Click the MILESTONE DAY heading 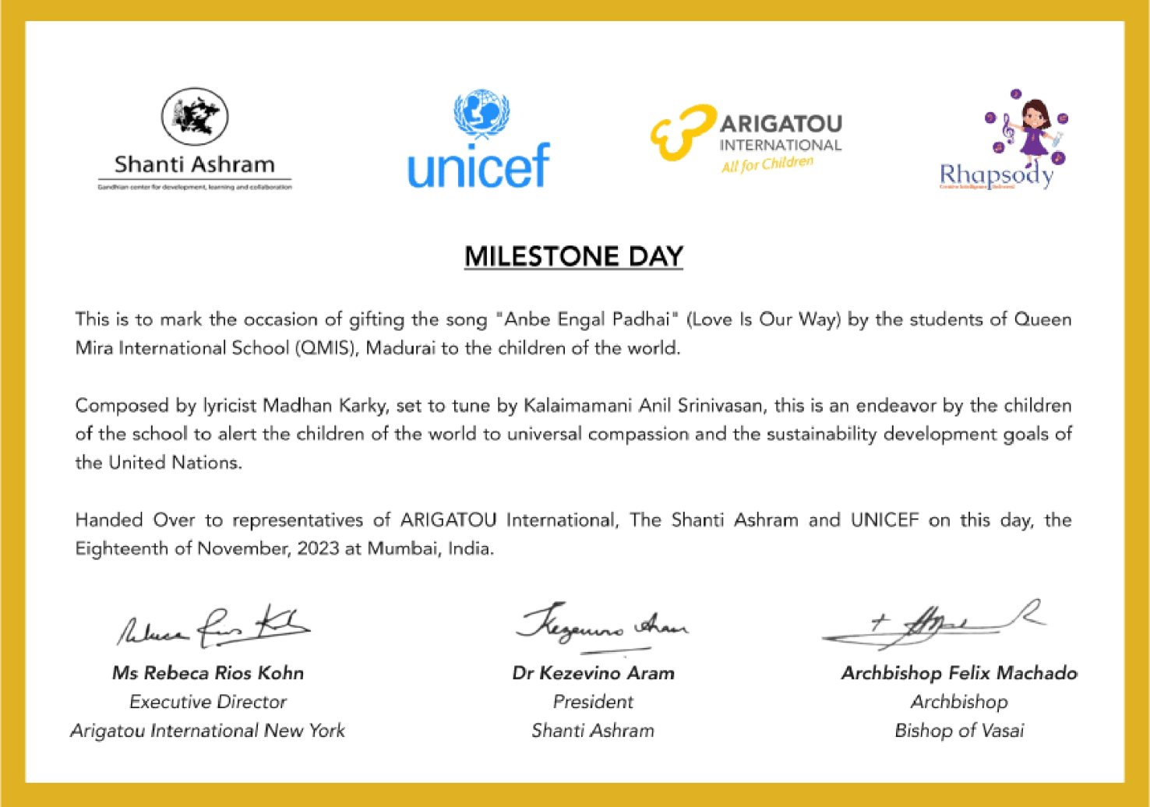click(x=573, y=256)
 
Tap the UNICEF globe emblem click(x=481, y=114)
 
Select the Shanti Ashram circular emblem click(x=195, y=117)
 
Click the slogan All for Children click(x=767, y=164)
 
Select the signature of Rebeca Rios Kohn click(x=213, y=627)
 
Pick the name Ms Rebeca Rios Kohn click(x=208, y=673)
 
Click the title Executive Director click(x=208, y=702)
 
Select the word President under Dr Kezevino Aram click(x=593, y=702)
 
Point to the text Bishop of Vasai click(x=959, y=731)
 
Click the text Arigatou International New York click(x=208, y=731)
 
